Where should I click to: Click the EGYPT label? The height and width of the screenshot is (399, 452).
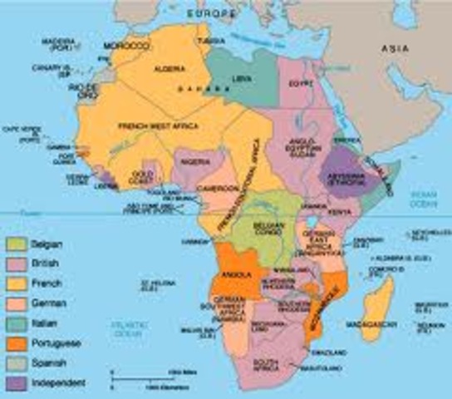[x=298, y=82]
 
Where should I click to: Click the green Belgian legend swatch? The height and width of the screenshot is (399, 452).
[x=15, y=244]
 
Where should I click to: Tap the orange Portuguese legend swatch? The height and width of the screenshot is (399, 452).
[x=15, y=342]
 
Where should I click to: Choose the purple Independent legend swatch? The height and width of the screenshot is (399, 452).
[x=15, y=382]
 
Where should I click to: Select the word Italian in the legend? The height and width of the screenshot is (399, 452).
[x=47, y=323]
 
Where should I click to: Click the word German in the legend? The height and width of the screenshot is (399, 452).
[x=50, y=303]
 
